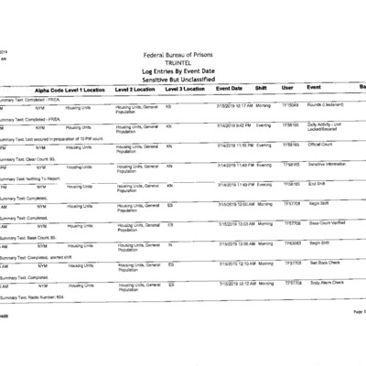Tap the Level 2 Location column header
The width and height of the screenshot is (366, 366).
135,90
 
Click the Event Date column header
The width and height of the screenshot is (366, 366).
229,89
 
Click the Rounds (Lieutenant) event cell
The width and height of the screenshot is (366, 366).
326,105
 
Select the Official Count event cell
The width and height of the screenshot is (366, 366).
320,145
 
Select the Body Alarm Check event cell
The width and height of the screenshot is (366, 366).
327,283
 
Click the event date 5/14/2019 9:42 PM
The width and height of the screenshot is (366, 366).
235,125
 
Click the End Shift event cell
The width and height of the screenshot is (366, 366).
317,184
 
